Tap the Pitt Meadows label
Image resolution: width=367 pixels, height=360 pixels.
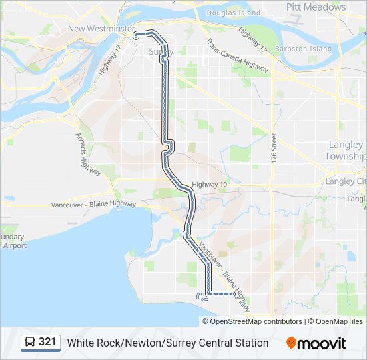[316, 7]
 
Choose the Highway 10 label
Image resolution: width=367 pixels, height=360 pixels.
[210, 185]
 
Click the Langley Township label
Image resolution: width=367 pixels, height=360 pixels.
[346, 150]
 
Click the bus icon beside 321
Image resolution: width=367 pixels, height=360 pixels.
[29, 343]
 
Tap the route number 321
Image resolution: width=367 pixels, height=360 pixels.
[47, 342]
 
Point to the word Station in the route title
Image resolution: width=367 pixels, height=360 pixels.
[250, 343]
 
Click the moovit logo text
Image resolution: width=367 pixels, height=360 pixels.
[322, 343]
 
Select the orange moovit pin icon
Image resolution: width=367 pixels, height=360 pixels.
[291, 343]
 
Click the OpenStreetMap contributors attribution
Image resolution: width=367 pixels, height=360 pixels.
[256, 321]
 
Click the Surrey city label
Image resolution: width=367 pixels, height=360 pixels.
[161, 51]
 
